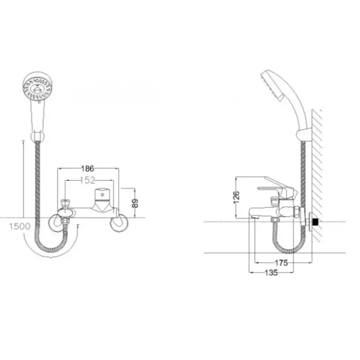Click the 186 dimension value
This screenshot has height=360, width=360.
[88, 169]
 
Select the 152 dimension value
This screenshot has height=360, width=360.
[88, 180]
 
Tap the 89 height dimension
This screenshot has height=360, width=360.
[135, 203]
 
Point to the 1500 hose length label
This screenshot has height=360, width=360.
[20, 227]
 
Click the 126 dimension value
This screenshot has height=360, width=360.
[236, 197]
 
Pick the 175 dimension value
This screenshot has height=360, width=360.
[281, 263]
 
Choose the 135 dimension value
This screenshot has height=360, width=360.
[271, 273]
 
